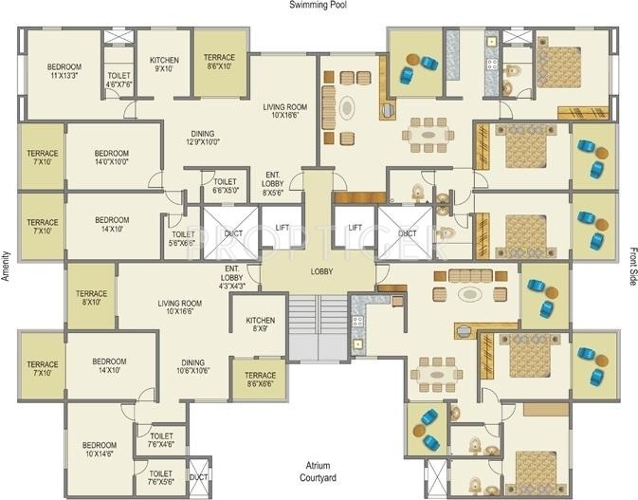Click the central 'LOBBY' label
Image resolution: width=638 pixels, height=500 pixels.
[320, 271]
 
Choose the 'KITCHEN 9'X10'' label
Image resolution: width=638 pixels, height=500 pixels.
[165, 65]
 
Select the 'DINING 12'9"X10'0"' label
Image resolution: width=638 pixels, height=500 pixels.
[202, 139]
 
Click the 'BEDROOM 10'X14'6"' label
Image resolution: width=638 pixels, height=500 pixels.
[99, 450]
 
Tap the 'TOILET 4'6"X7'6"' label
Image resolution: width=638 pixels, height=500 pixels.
[118, 80]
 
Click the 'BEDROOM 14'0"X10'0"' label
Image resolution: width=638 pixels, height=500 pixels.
[111, 157]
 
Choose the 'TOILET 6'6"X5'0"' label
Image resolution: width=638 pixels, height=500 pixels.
[225, 186]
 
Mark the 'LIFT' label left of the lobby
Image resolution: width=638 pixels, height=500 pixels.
[282, 228]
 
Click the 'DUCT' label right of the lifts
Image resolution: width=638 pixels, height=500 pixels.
[407, 232]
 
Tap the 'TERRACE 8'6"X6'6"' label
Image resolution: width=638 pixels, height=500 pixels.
[260, 380]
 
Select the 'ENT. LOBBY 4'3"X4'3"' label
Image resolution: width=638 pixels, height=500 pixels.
[232, 277]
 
